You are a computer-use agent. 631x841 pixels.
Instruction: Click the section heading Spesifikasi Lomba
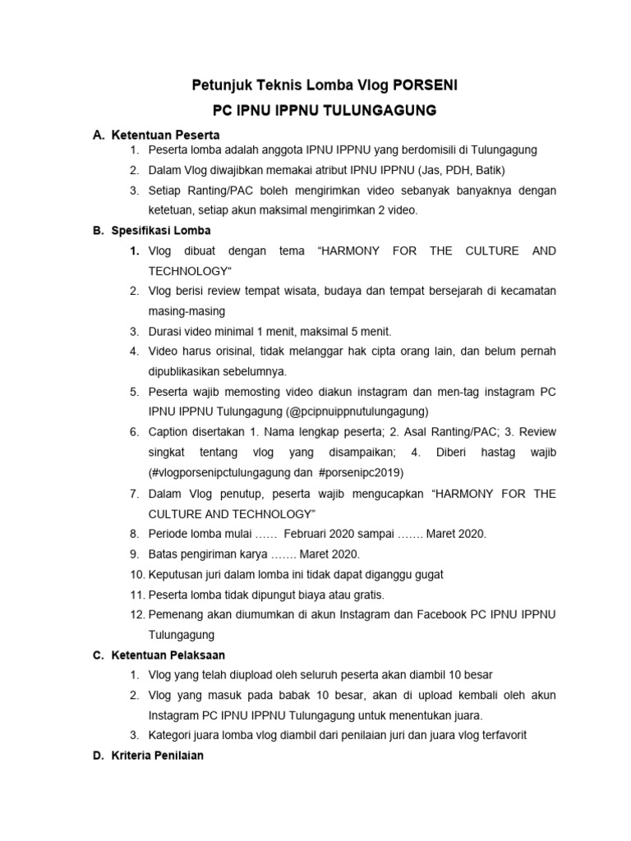pyautogui.click(x=161, y=231)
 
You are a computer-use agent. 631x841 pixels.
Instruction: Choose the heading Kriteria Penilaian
pyautogui.click(x=159, y=755)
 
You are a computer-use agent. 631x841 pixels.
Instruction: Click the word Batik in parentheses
pyautogui.click(x=486, y=170)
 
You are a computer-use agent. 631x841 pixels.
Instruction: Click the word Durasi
pyautogui.click(x=166, y=331)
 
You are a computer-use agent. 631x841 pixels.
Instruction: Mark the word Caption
pyautogui.click(x=168, y=432)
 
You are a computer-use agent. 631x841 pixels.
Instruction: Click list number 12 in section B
pyautogui.click(x=136, y=614)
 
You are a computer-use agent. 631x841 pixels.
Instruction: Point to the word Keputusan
pyautogui.click(x=176, y=574)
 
